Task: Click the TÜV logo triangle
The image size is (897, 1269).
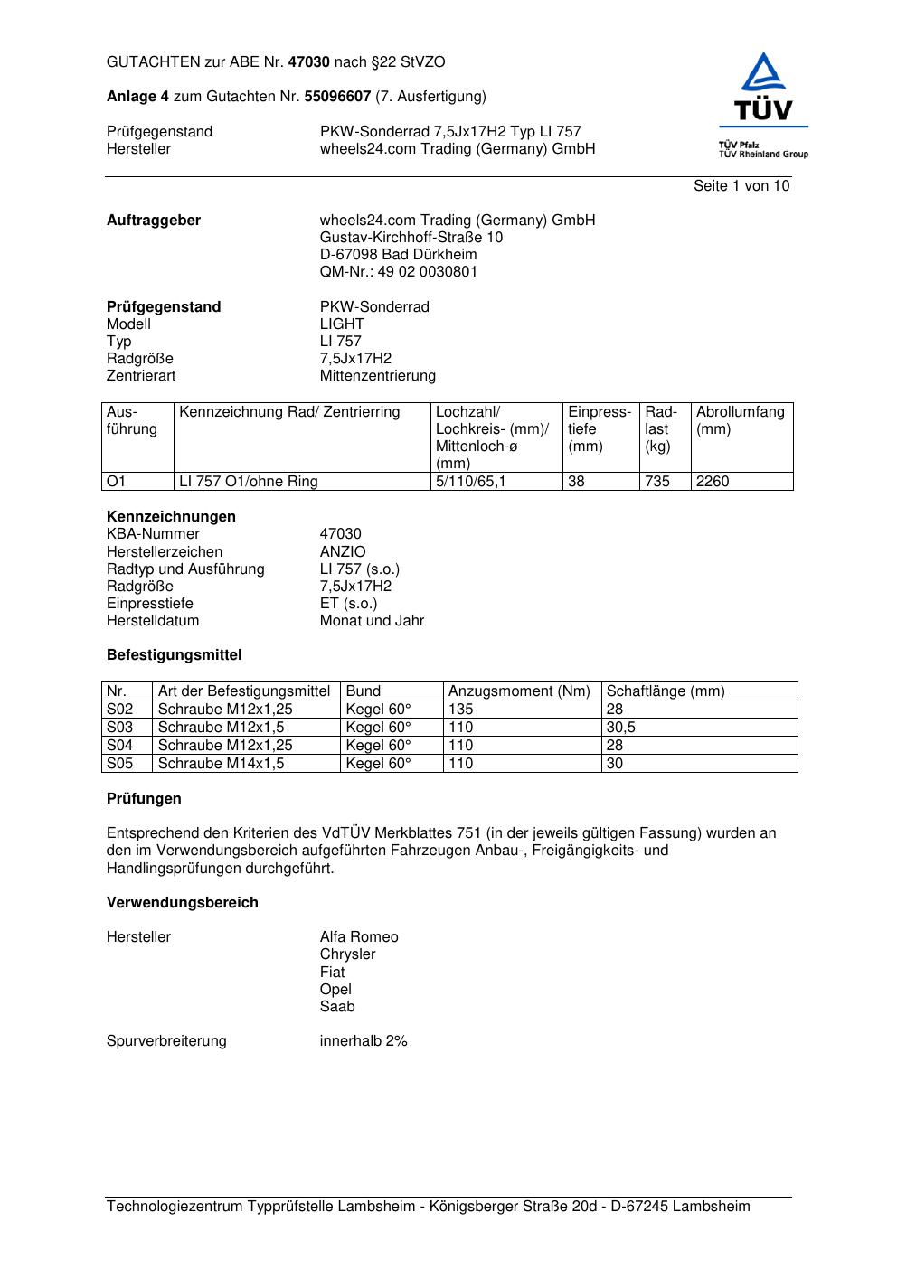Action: pos(764,72)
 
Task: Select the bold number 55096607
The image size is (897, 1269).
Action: pos(337,96)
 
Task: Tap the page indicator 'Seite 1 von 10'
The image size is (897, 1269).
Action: pos(741,186)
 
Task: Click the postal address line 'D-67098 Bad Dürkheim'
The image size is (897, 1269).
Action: pos(398,255)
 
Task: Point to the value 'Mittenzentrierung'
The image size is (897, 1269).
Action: pos(377,376)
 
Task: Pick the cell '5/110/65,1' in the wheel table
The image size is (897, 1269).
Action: pos(470,482)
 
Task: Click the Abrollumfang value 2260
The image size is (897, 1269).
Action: pos(713,482)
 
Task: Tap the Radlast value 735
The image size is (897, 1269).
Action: pos(657,482)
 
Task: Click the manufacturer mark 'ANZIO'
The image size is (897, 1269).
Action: pos(343,551)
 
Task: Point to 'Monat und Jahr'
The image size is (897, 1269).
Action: pos(372,621)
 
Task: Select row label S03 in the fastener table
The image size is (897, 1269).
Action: pos(120,728)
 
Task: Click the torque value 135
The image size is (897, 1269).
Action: pos(461,710)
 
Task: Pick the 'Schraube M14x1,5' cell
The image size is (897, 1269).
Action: pos(221,764)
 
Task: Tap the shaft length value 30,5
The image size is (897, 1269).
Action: pos(620,728)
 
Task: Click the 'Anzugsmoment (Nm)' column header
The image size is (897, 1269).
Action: pos(519,691)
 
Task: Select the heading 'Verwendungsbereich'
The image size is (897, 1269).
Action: pos(183,903)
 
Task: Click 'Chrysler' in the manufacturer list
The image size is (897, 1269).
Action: pos(347,954)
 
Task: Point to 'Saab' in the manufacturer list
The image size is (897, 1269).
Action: pos(337,1007)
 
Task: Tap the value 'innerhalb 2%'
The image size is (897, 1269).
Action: pos(364,1041)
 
